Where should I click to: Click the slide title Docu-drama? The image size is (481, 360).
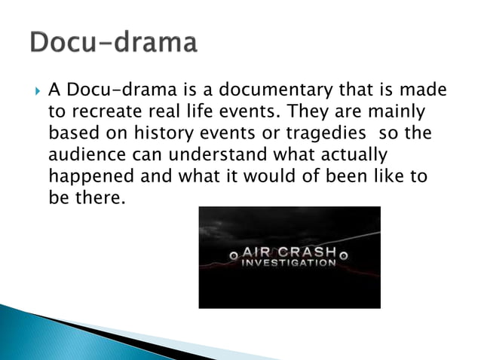pyautogui.click(x=114, y=43)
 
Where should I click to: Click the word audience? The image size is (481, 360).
pyautogui.click(x=85, y=155)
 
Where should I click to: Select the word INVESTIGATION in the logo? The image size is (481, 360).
pyautogui.click(x=289, y=264)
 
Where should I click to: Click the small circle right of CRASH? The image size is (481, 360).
pyautogui.click(x=344, y=255)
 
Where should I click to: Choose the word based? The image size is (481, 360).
pyautogui.click(x=73, y=134)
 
